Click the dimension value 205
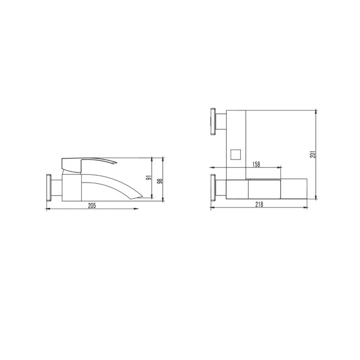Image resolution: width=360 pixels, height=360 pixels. [92, 205]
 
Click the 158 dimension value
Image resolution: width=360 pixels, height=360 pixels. [256, 164]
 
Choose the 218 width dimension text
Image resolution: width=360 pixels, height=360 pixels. [259, 204]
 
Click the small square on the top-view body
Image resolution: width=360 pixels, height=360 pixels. [235, 154]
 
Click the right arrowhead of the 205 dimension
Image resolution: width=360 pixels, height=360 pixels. [137, 209]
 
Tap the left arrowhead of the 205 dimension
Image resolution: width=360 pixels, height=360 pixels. [48, 209]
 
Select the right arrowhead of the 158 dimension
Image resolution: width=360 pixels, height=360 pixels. [279, 167]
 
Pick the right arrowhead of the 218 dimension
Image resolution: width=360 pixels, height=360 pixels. [306, 208]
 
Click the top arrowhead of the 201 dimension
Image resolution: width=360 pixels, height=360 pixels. [316, 111]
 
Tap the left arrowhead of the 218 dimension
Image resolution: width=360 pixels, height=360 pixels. [212, 208]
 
